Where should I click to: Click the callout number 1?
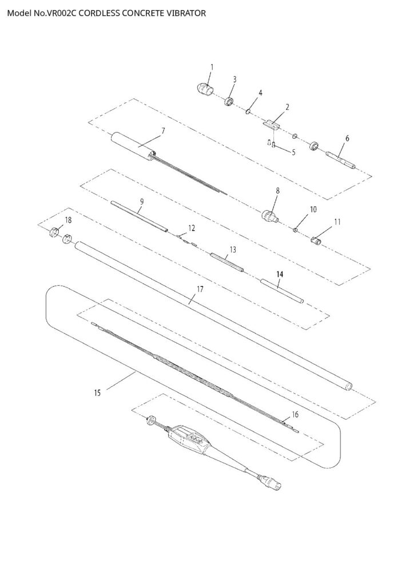point(211,67)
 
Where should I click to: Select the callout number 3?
point(234,79)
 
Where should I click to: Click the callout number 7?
point(163,131)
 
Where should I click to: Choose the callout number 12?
point(192,228)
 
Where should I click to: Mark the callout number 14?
point(280,274)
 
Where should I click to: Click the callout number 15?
point(98,392)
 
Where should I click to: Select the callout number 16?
point(295,414)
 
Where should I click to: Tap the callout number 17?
point(200,289)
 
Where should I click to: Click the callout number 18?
point(68,220)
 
